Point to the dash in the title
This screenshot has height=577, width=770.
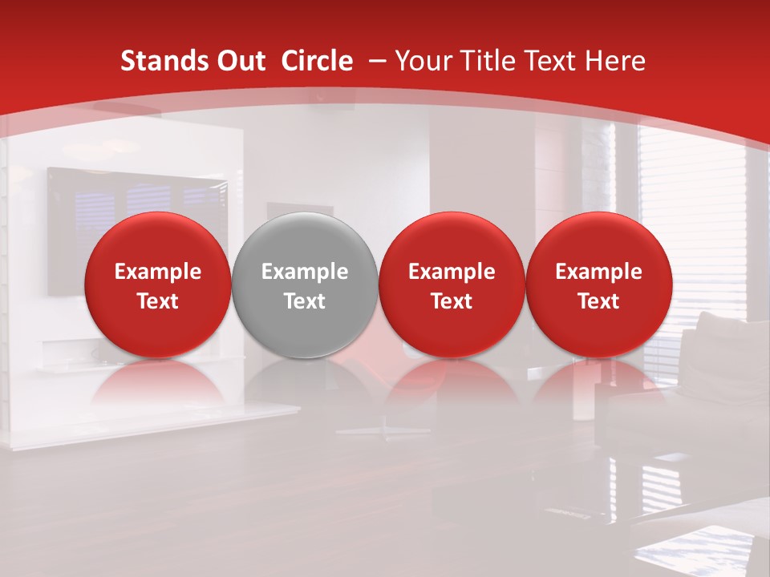coord(377,62)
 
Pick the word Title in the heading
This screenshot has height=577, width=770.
coord(488,61)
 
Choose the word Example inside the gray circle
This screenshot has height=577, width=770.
coord(305,272)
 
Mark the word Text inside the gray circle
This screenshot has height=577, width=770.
coord(305,301)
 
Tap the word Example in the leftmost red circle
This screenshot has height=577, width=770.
coord(158,272)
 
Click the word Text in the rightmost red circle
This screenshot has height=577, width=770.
coord(599,301)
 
